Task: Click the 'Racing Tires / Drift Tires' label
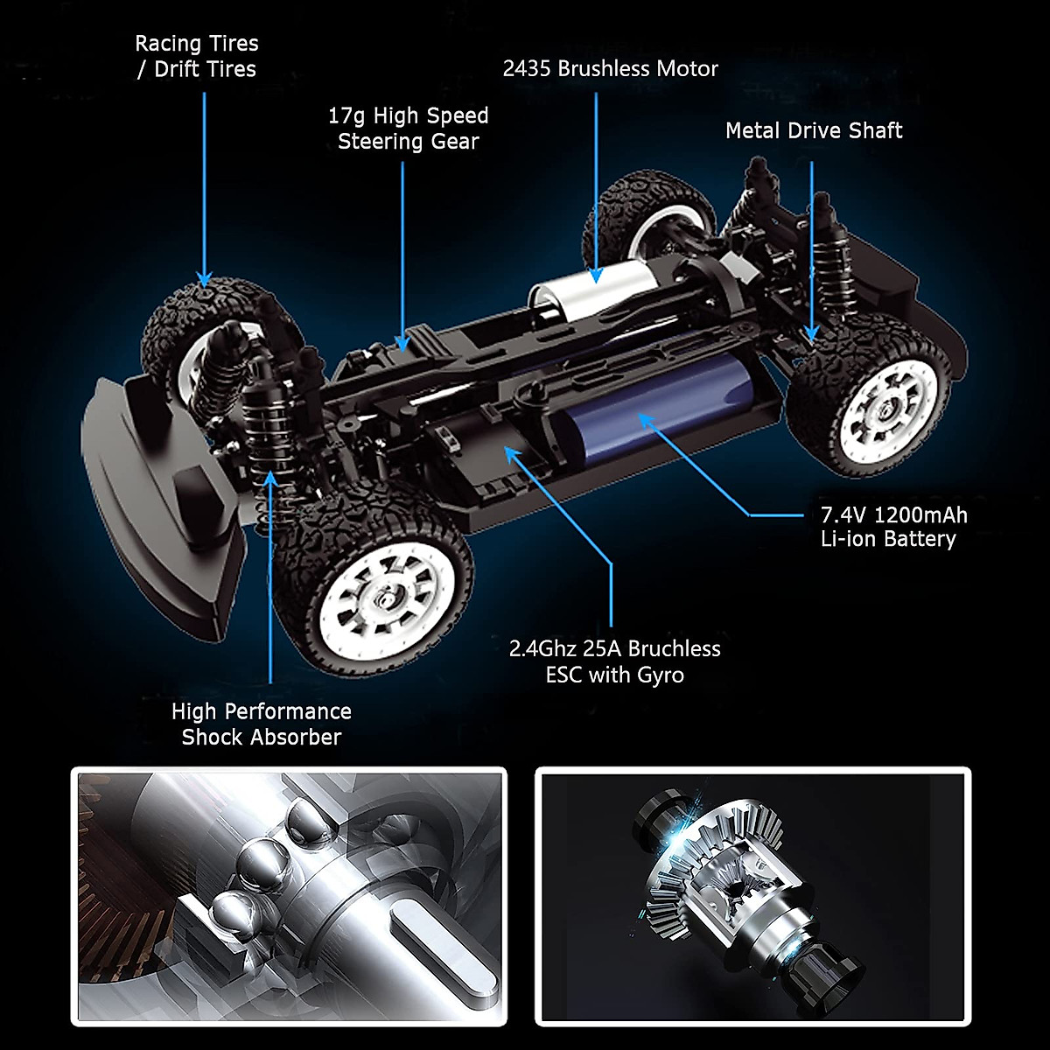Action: click(197, 56)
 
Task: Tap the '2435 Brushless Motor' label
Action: click(610, 68)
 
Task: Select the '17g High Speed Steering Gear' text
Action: click(408, 129)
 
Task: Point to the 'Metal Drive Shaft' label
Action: click(813, 130)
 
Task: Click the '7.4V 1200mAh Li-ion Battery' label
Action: click(893, 527)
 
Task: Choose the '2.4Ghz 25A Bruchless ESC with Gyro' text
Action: click(614, 661)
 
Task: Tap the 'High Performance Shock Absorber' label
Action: click(261, 724)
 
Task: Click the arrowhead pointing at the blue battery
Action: click(646, 421)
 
